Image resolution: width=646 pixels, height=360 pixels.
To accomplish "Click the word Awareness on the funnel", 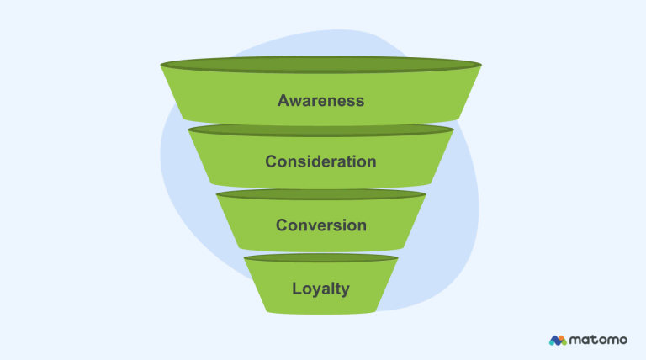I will [320, 100].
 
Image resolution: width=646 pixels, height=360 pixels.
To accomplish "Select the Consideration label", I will [320, 161].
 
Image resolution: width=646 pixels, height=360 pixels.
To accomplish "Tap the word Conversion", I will [320, 225].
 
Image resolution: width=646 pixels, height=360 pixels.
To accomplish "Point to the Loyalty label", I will [320, 289].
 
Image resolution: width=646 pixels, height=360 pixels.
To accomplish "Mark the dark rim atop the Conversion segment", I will [320, 194].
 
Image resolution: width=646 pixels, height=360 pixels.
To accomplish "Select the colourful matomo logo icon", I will [558, 340].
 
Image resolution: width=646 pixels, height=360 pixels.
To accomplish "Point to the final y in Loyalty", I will [345, 290].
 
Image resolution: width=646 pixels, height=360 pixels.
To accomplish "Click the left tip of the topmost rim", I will [162, 65].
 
